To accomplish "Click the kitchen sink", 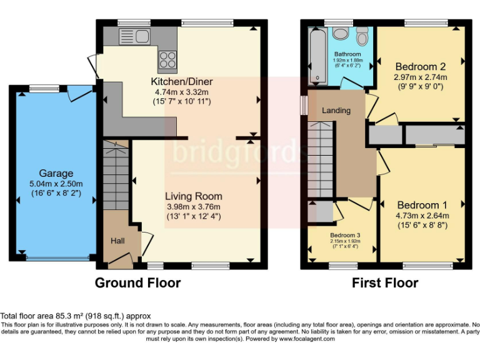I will coord(133,36).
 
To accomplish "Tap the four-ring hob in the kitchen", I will coord(167,59).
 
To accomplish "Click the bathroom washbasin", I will coord(341,34).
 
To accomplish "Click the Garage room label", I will coord(56,173).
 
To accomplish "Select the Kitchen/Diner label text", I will coord(182,82).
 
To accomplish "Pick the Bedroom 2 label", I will coord(420,66).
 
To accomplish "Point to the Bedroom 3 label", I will coord(345,235).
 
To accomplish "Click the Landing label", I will coord(336,111).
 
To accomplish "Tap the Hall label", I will coord(117,241).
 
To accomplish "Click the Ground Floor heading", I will coord(137,283).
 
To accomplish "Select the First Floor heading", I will coord(385,283).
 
